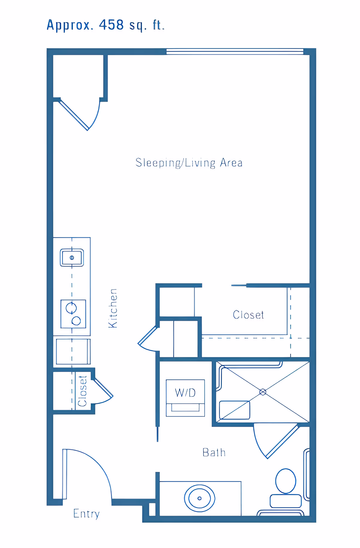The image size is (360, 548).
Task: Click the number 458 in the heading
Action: pos(111,25)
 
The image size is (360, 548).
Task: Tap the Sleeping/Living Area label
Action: pos(189,163)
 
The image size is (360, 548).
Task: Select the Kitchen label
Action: pos(113,308)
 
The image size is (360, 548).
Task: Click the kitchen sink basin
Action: pos(72,257)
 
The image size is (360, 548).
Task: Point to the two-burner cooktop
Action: pos(73,314)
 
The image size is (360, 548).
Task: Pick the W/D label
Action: pos(185,393)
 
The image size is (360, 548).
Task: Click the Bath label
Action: pos(214,453)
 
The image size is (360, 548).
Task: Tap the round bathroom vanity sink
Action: pos(199,498)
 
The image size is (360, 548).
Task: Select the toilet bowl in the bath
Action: pos(286,481)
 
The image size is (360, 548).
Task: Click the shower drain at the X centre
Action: pos(263,392)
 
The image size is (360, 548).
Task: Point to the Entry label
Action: pos(86,514)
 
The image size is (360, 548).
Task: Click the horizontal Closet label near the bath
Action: pos(248,315)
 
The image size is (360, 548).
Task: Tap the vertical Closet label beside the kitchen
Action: pos(82,391)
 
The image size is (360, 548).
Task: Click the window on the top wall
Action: pos(235,52)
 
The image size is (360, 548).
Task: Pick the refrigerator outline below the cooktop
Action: pos(73,351)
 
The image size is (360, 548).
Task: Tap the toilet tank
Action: pos(286,501)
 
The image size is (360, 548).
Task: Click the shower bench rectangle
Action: pos(235,410)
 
